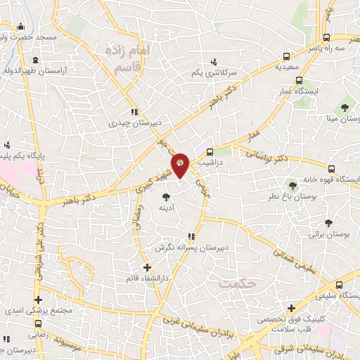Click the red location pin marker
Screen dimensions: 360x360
(x=181, y=164)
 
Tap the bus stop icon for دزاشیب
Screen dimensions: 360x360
(x=210, y=152)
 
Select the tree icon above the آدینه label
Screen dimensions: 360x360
(x=166, y=197)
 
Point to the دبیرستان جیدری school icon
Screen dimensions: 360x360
(x=134, y=112)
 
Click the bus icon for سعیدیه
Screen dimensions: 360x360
(x=285, y=57)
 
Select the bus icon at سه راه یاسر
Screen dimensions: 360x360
(x=326, y=37)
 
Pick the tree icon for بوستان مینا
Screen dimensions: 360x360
(x=345, y=108)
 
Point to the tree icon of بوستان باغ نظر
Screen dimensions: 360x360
(x=292, y=186)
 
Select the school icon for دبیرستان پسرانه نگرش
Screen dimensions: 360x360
(x=191, y=237)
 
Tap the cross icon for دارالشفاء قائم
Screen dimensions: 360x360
(x=146, y=267)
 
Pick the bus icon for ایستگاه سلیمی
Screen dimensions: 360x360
(x=340, y=285)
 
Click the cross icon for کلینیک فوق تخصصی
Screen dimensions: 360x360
(x=292, y=307)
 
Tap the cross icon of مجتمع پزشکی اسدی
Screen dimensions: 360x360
(x=38, y=300)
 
